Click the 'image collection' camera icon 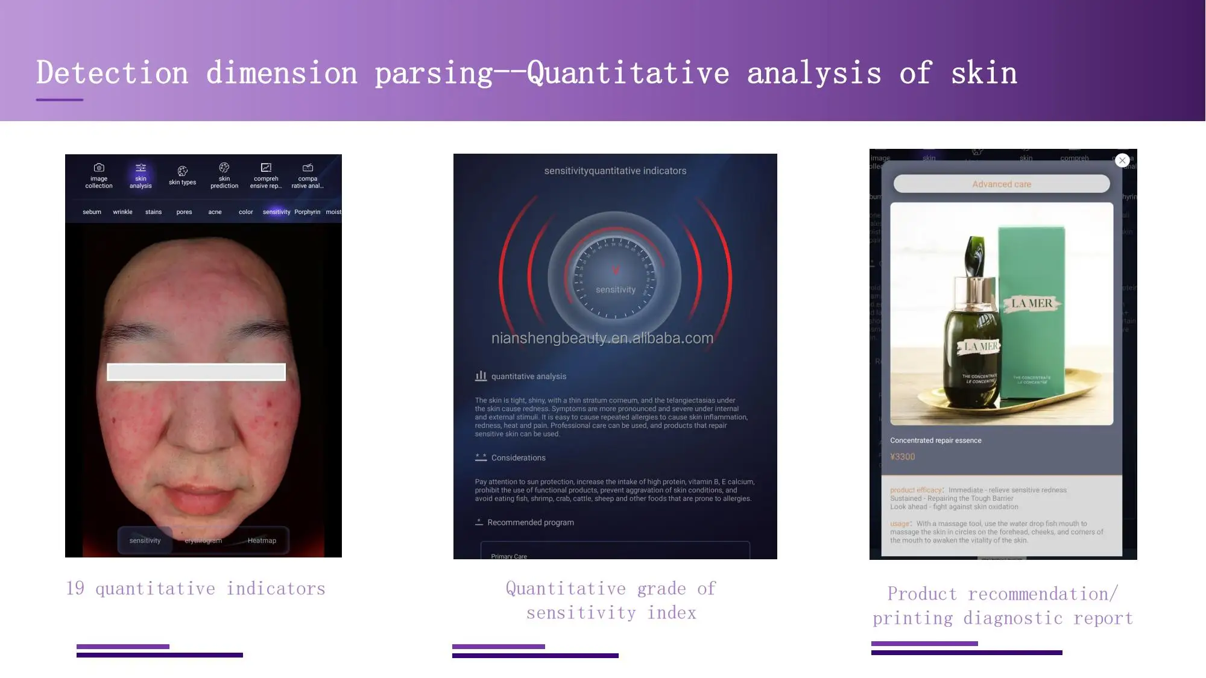coord(99,168)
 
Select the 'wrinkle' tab coord(122,212)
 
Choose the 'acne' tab coord(215,212)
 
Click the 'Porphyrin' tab coord(307,212)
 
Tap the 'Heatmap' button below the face coord(262,541)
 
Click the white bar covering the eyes coord(196,372)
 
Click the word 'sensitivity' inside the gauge coord(615,290)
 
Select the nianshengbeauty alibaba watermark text coord(602,338)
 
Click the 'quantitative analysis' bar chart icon coord(481,376)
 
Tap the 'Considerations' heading coord(518,458)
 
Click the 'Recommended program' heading coord(530,523)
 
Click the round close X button coord(1122,160)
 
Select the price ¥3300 coord(902,457)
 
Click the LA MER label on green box coord(1032,303)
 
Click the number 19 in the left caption coord(75,588)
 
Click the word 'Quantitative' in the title coord(627,74)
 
